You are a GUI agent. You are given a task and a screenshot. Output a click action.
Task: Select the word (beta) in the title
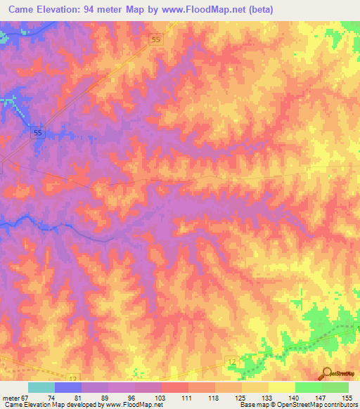(258, 10)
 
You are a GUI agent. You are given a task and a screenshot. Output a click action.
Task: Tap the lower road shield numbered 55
(39, 133)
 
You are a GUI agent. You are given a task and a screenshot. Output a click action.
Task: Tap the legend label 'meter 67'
(15, 397)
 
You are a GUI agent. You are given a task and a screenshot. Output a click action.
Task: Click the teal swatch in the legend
(41, 387)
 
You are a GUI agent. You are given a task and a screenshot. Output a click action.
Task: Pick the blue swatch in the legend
(68, 387)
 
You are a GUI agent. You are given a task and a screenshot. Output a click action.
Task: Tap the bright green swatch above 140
(308, 387)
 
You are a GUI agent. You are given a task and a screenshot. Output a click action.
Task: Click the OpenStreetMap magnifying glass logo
(326, 373)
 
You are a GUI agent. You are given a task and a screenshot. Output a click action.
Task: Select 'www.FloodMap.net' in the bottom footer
(134, 405)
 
